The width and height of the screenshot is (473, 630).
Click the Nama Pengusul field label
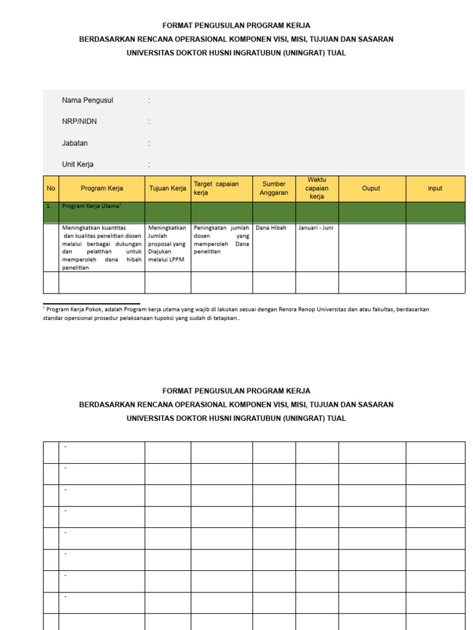tap(87, 100)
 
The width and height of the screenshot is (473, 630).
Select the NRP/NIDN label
tap(79, 122)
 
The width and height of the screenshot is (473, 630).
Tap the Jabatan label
tap(75, 143)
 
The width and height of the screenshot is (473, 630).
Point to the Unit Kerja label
tap(78, 165)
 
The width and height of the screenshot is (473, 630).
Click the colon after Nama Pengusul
tap(149, 100)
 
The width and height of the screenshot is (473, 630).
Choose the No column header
tap(51, 188)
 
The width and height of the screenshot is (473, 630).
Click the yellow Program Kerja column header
tap(102, 188)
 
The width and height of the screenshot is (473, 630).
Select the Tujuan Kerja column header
tap(168, 188)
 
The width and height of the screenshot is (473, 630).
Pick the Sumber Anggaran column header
tap(274, 188)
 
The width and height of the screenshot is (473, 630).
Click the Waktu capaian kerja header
tap(317, 188)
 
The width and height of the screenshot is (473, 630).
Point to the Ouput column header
tap(371, 188)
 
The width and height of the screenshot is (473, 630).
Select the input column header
tap(435, 188)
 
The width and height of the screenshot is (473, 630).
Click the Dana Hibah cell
tap(271, 228)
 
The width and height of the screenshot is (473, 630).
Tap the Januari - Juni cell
tap(315, 228)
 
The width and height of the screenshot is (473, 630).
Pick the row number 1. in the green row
tap(49, 206)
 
